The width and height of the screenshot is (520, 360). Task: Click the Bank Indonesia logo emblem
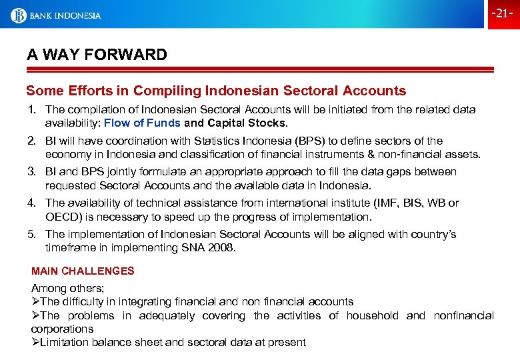click(18, 15)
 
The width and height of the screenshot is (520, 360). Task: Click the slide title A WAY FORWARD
click(97, 55)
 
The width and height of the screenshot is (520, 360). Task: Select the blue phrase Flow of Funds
click(142, 123)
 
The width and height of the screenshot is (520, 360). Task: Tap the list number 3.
click(31, 172)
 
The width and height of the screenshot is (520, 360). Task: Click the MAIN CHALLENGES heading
click(83, 271)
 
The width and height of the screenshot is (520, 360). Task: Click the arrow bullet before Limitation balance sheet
click(35, 343)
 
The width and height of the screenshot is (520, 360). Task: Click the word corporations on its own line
click(63, 329)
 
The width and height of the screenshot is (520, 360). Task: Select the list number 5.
click(31, 234)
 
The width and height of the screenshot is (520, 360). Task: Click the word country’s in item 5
click(433, 234)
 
